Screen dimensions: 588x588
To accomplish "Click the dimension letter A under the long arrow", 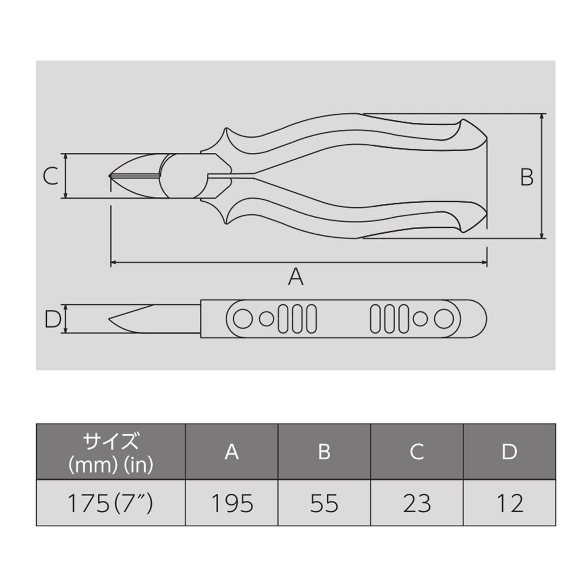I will click(295, 277).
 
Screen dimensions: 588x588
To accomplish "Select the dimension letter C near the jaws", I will click(51, 176).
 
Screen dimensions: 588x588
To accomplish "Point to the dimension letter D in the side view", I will click(52, 319).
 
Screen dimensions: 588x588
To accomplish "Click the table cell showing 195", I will click(231, 503).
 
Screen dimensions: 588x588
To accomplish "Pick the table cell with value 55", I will click(324, 503).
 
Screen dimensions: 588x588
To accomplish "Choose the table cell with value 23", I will click(416, 503).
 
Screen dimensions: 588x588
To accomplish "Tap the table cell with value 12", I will click(509, 503).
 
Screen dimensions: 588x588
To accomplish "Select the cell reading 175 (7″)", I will click(110, 503).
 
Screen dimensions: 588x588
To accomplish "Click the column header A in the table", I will click(231, 452).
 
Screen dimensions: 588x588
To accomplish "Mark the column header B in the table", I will click(324, 452).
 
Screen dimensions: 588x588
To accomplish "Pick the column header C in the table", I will click(416, 452).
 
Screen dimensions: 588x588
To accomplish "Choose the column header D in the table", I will click(509, 452).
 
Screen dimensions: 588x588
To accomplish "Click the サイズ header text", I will click(110, 442).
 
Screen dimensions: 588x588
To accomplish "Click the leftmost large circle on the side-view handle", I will click(243, 318).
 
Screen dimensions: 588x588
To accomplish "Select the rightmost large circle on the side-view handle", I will click(444, 318).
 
